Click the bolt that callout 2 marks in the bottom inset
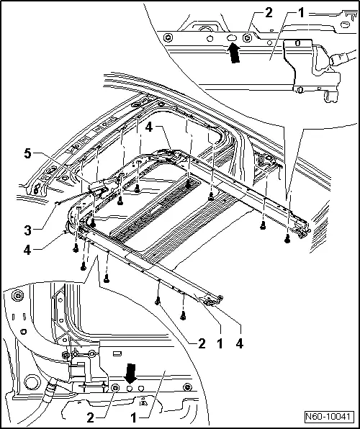115,389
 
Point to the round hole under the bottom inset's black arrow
130,389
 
